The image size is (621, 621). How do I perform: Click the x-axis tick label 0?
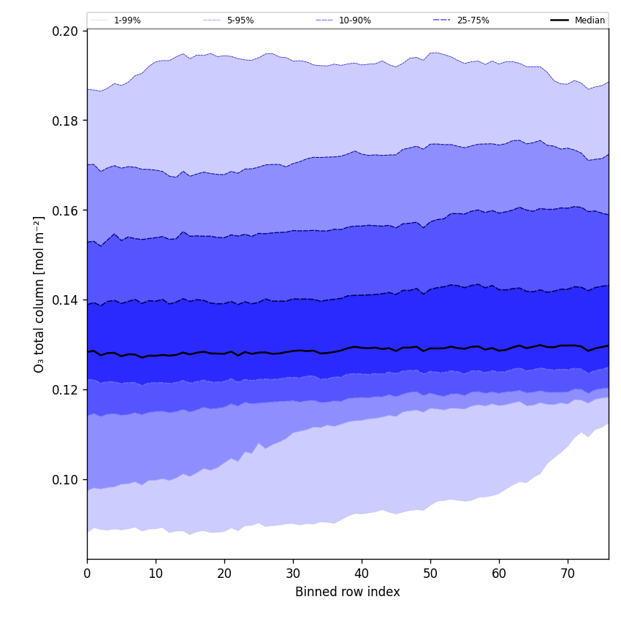[x=87, y=574]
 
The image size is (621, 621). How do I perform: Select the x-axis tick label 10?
[x=156, y=574]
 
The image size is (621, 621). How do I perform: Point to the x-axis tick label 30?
[x=293, y=574]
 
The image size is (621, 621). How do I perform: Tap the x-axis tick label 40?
[x=362, y=574]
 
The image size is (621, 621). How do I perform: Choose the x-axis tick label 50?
[x=430, y=574]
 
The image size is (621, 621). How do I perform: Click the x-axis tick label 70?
[x=568, y=574]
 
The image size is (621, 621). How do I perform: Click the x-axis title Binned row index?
[x=348, y=593]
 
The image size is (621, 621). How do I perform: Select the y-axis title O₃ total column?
[x=39, y=294]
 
